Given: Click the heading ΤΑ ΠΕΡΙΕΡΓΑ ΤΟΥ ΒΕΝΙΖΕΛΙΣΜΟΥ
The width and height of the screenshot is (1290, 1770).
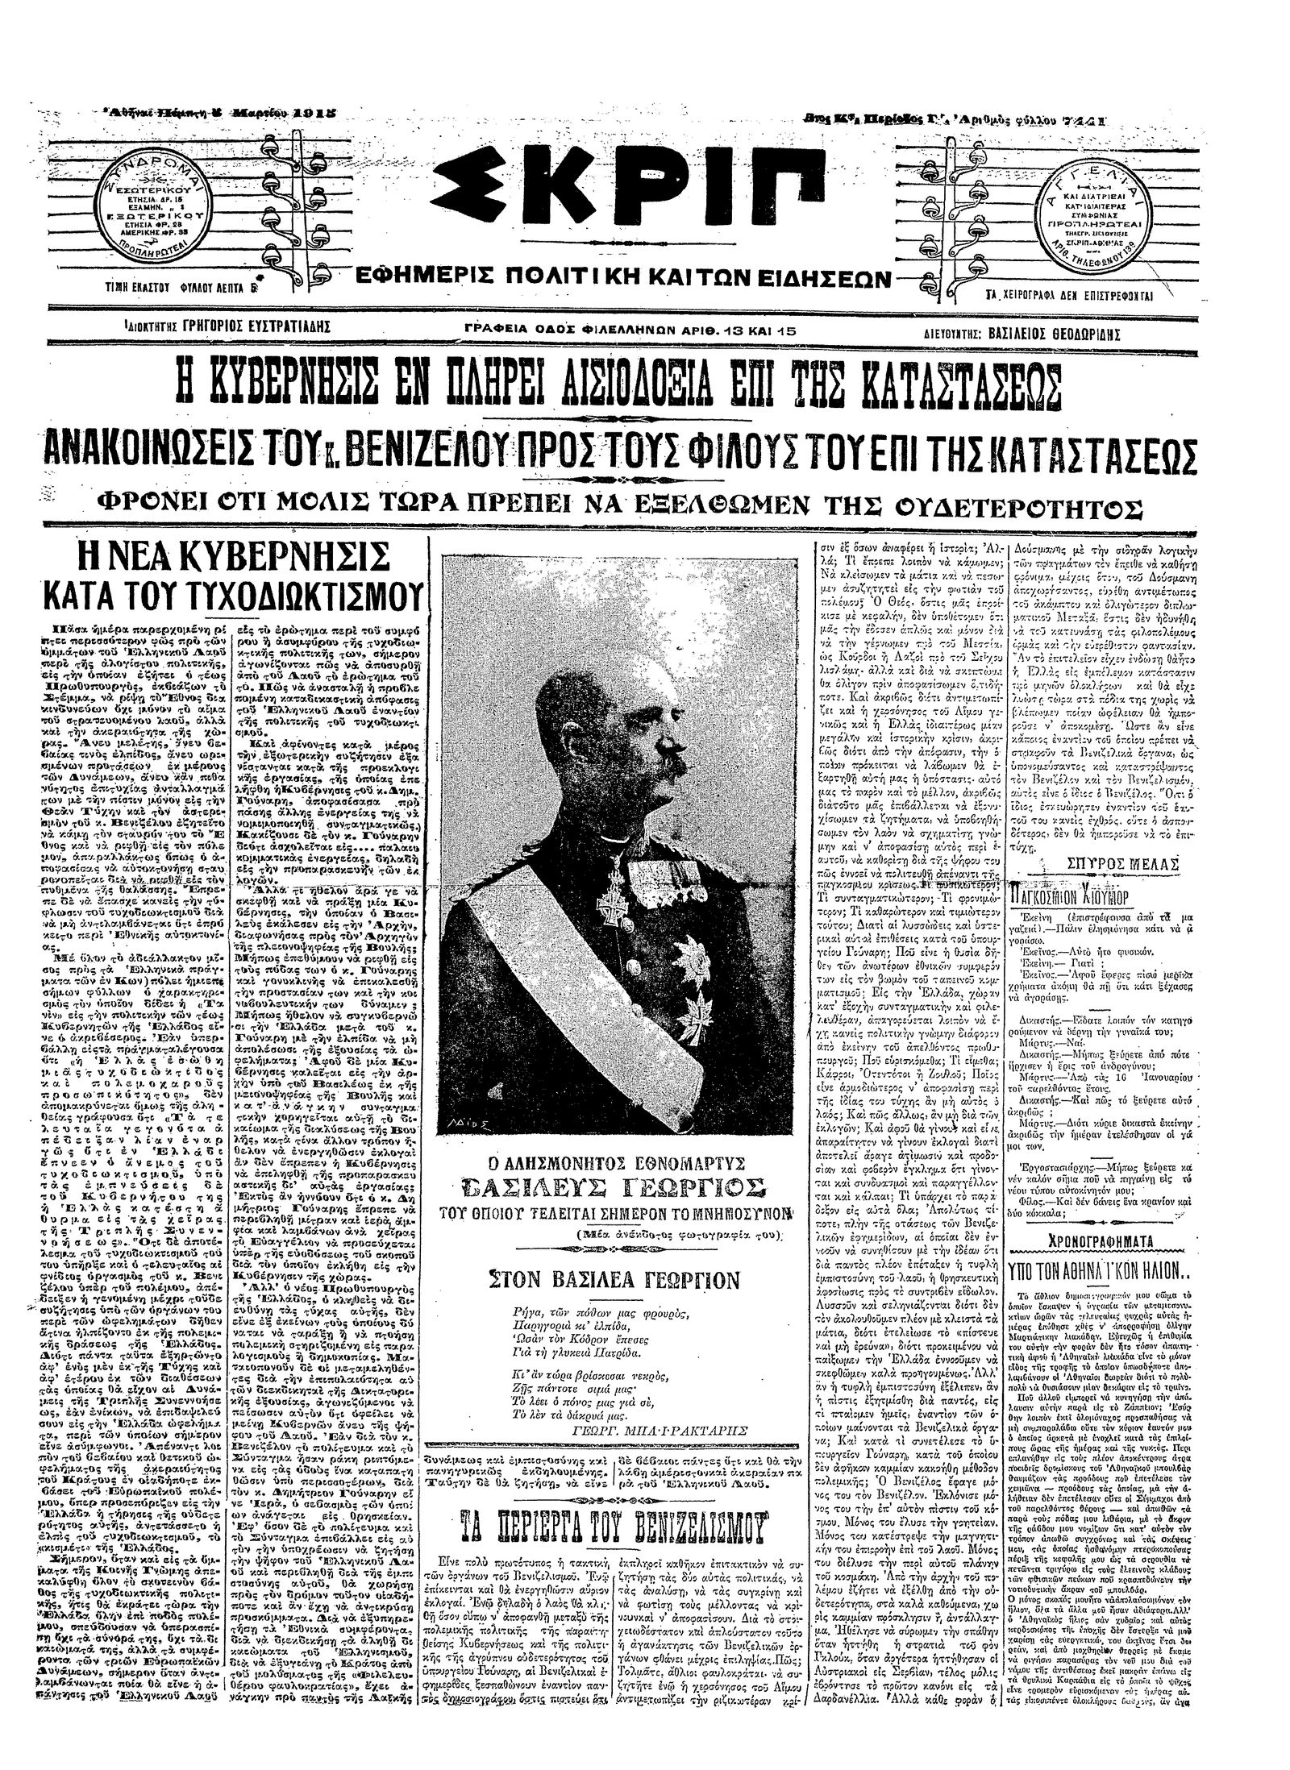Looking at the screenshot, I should tap(616, 1456).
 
